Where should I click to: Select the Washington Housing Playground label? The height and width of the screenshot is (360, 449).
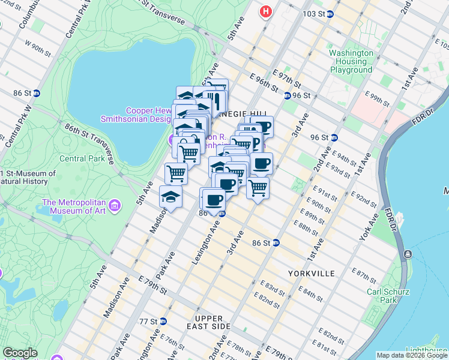[x=351, y=61]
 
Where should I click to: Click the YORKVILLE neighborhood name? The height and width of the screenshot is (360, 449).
[x=311, y=274]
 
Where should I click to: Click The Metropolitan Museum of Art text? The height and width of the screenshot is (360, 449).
[x=74, y=206]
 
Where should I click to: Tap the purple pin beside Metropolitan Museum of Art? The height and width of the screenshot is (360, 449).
[x=115, y=206]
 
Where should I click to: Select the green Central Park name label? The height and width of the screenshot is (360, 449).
[x=82, y=159]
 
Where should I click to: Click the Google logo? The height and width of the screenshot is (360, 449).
[x=20, y=353]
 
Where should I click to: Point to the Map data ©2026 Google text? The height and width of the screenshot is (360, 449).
[x=412, y=355]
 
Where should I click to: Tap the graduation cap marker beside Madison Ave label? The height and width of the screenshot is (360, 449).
[x=170, y=197]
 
